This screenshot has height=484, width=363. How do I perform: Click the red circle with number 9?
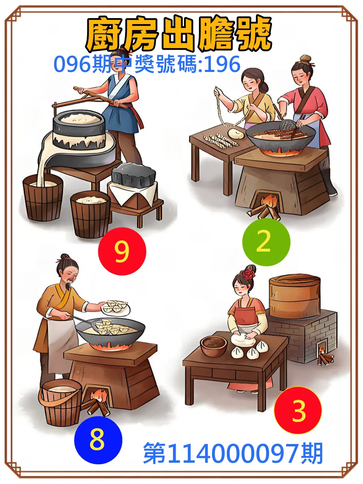(x=122, y=251)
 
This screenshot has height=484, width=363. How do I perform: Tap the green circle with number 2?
(x=266, y=242)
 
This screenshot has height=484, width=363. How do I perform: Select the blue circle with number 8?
(x=98, y=440)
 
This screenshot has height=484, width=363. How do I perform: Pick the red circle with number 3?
(x=298, y=410)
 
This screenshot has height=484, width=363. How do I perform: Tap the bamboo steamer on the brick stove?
(x=294, y=296)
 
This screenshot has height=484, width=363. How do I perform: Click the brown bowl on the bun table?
(x=213, y=346)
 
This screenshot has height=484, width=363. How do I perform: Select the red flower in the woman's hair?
(x=249, y=273)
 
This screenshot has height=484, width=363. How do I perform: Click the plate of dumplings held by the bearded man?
(x=116, y=307)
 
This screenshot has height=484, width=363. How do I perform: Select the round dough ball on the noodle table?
(x=235, y=134)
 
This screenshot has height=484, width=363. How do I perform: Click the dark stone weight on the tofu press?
(x=134, y=175)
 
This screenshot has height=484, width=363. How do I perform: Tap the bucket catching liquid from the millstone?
(x=43, y=197)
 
